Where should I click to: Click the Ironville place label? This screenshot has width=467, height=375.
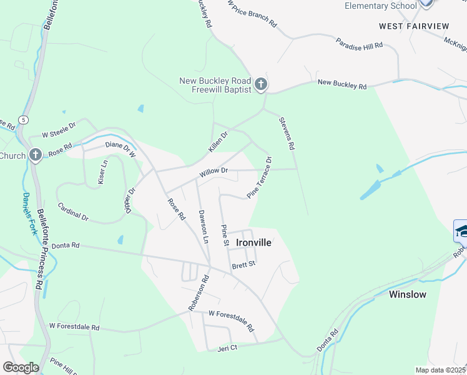tap(253, 242)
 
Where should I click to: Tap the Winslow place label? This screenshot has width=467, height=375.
tap(408, 294)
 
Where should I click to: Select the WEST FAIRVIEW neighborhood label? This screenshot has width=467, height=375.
tap(413, 26)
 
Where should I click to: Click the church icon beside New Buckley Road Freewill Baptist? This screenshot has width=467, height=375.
tap(261, 84)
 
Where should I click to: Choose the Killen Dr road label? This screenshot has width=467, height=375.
tap(219, 141)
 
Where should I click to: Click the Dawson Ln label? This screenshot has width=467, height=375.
tap(202, 226)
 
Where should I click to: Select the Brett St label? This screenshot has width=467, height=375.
tap(244, 265)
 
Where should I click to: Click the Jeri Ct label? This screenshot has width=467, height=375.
tap(228, 347)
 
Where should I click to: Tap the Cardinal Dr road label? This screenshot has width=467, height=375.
tap(72, 211)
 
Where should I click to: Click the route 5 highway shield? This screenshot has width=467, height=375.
tap(23, 119)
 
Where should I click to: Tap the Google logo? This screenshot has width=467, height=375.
tap(21, 367)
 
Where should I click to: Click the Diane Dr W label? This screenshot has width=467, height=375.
tap(120, 148)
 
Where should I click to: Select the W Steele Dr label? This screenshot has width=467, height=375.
tap(59, 130)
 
